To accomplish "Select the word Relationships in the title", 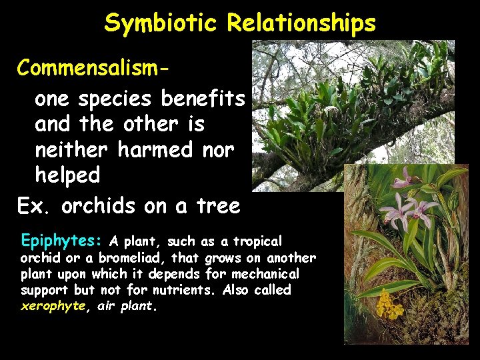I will coord(301,23).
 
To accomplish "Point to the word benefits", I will coord(203,99).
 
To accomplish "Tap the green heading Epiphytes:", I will coord(63,240).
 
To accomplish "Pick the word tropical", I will coord(256,241).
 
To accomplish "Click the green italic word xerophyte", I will coord(52,306).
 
